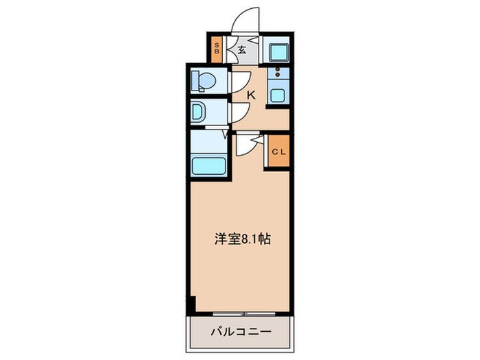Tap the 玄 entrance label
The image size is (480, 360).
click(243, 49)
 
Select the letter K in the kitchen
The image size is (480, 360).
click(251, 95)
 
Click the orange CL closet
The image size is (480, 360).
click(278, 152)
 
